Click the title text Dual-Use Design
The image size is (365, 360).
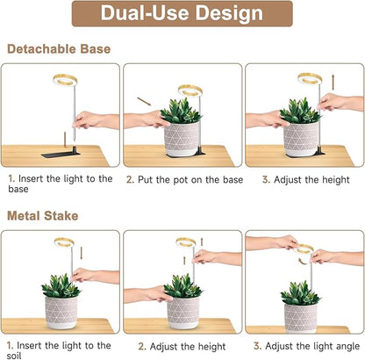[182, 14]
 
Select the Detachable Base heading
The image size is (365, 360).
[58, 48]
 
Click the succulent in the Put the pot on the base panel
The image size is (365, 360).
[182, 112]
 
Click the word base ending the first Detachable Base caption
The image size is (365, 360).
[18, 189]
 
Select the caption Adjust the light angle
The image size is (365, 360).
[305, 345]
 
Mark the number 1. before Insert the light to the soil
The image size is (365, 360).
[11, 345]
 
